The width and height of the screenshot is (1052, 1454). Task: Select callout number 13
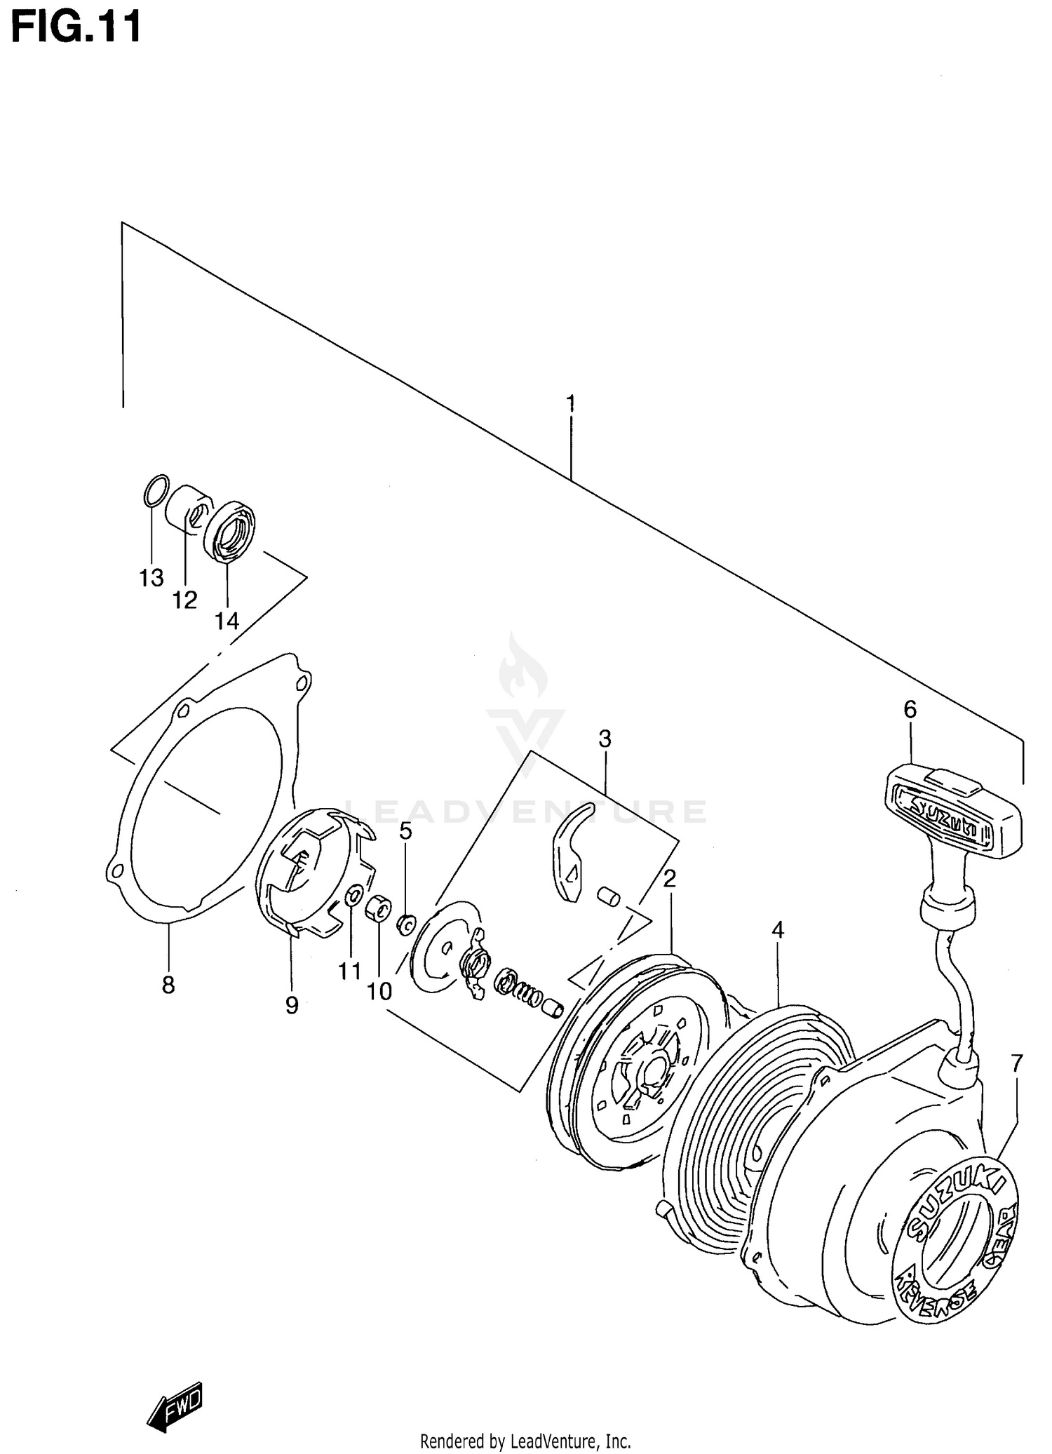pyautogui.click(x=151, y=578)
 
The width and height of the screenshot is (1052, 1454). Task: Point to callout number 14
pyautogui.click(x=227, y=621)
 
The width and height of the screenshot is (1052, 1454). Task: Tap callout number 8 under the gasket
pyautogui.click(x=168, y=985)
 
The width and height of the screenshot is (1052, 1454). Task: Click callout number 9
pyautogui.click(x=292, y=1005)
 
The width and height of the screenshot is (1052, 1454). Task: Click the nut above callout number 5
pyautogui.click(x=405, y=925)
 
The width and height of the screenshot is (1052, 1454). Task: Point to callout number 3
pyautogui.click(x=605, y=739)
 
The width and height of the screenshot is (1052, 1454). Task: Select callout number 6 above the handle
pyautogui.click(x=910, y=710)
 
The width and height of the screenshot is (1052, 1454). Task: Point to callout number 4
pyautogui.click(x=777, y=930)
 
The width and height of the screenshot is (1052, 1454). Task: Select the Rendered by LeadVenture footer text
pyautogui.click(x=525, y=1442)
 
